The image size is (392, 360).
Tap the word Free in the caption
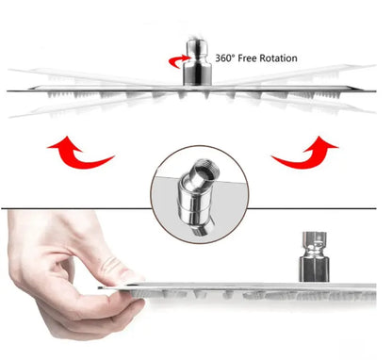click(254, 58)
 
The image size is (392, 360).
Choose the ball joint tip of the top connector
click(197, 46)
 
